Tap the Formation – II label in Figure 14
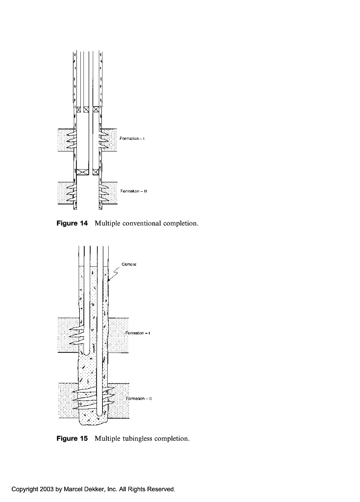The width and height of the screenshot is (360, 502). pos(134,192)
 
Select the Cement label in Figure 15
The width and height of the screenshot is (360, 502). pos(129,264)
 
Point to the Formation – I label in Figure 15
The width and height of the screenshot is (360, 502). pos(138,333)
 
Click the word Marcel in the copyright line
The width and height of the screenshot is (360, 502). pos(73,489)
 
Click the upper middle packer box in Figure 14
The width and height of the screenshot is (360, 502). pos(86,109)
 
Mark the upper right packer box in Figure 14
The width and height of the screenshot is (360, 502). pos(96,109)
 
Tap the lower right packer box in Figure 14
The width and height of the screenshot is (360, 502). pos(96,172)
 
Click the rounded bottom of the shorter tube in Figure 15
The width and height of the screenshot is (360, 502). pos(86,352)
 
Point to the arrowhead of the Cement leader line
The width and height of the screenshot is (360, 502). pos(109,279)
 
